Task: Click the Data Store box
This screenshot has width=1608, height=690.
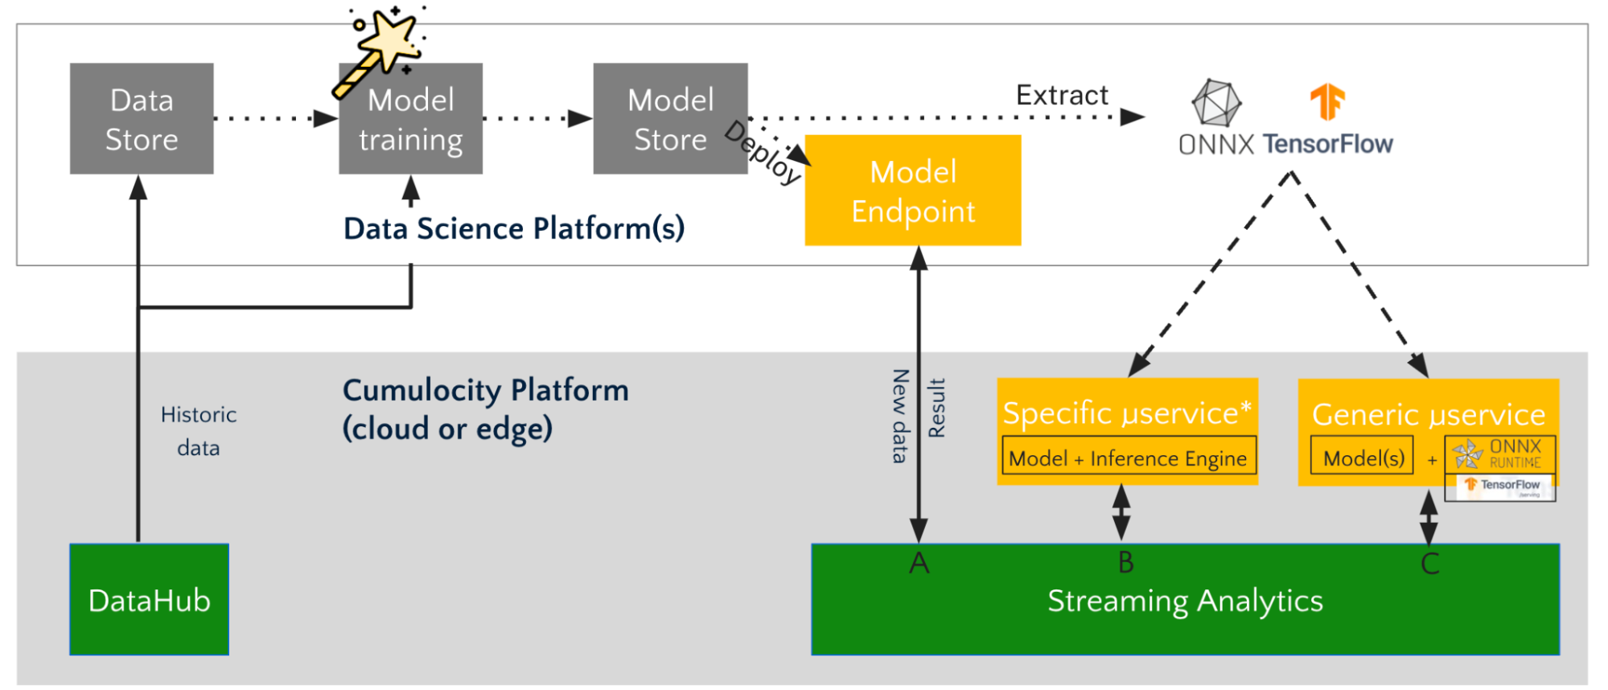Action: [x=142, y=119]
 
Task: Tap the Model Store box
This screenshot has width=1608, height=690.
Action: [x=670, y=119]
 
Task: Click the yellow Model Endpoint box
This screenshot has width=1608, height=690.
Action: [x=913, y=191]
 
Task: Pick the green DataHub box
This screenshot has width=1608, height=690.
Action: [x=150, y=600]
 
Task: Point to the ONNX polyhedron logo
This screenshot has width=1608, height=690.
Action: [x=1215, y=103]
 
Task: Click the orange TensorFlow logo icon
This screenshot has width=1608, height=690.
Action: [x=1327, y=101]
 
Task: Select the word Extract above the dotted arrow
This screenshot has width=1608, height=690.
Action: [x=1062, y=95]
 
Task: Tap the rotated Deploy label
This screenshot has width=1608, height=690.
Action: [x=763, y=153]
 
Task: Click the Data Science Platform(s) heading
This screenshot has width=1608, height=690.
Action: [x=514, y=228]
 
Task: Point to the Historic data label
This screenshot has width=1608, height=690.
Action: [x=199, y=431]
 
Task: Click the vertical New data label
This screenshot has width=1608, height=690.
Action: [x=900, y=416]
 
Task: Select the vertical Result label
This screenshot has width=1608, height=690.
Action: [x=936, y=408]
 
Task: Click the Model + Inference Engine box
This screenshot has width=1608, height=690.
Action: [x=1128, y=458]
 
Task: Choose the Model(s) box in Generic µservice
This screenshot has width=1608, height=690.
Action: [x=1363, y=458]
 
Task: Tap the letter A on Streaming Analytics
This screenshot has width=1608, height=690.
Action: [x=919, y=563]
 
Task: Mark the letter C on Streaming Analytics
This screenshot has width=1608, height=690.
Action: [x=1429, y=564]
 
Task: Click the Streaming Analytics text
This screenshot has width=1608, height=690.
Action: [x=1185, y=602]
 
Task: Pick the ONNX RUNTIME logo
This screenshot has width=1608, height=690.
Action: [x=1500, y=454]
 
